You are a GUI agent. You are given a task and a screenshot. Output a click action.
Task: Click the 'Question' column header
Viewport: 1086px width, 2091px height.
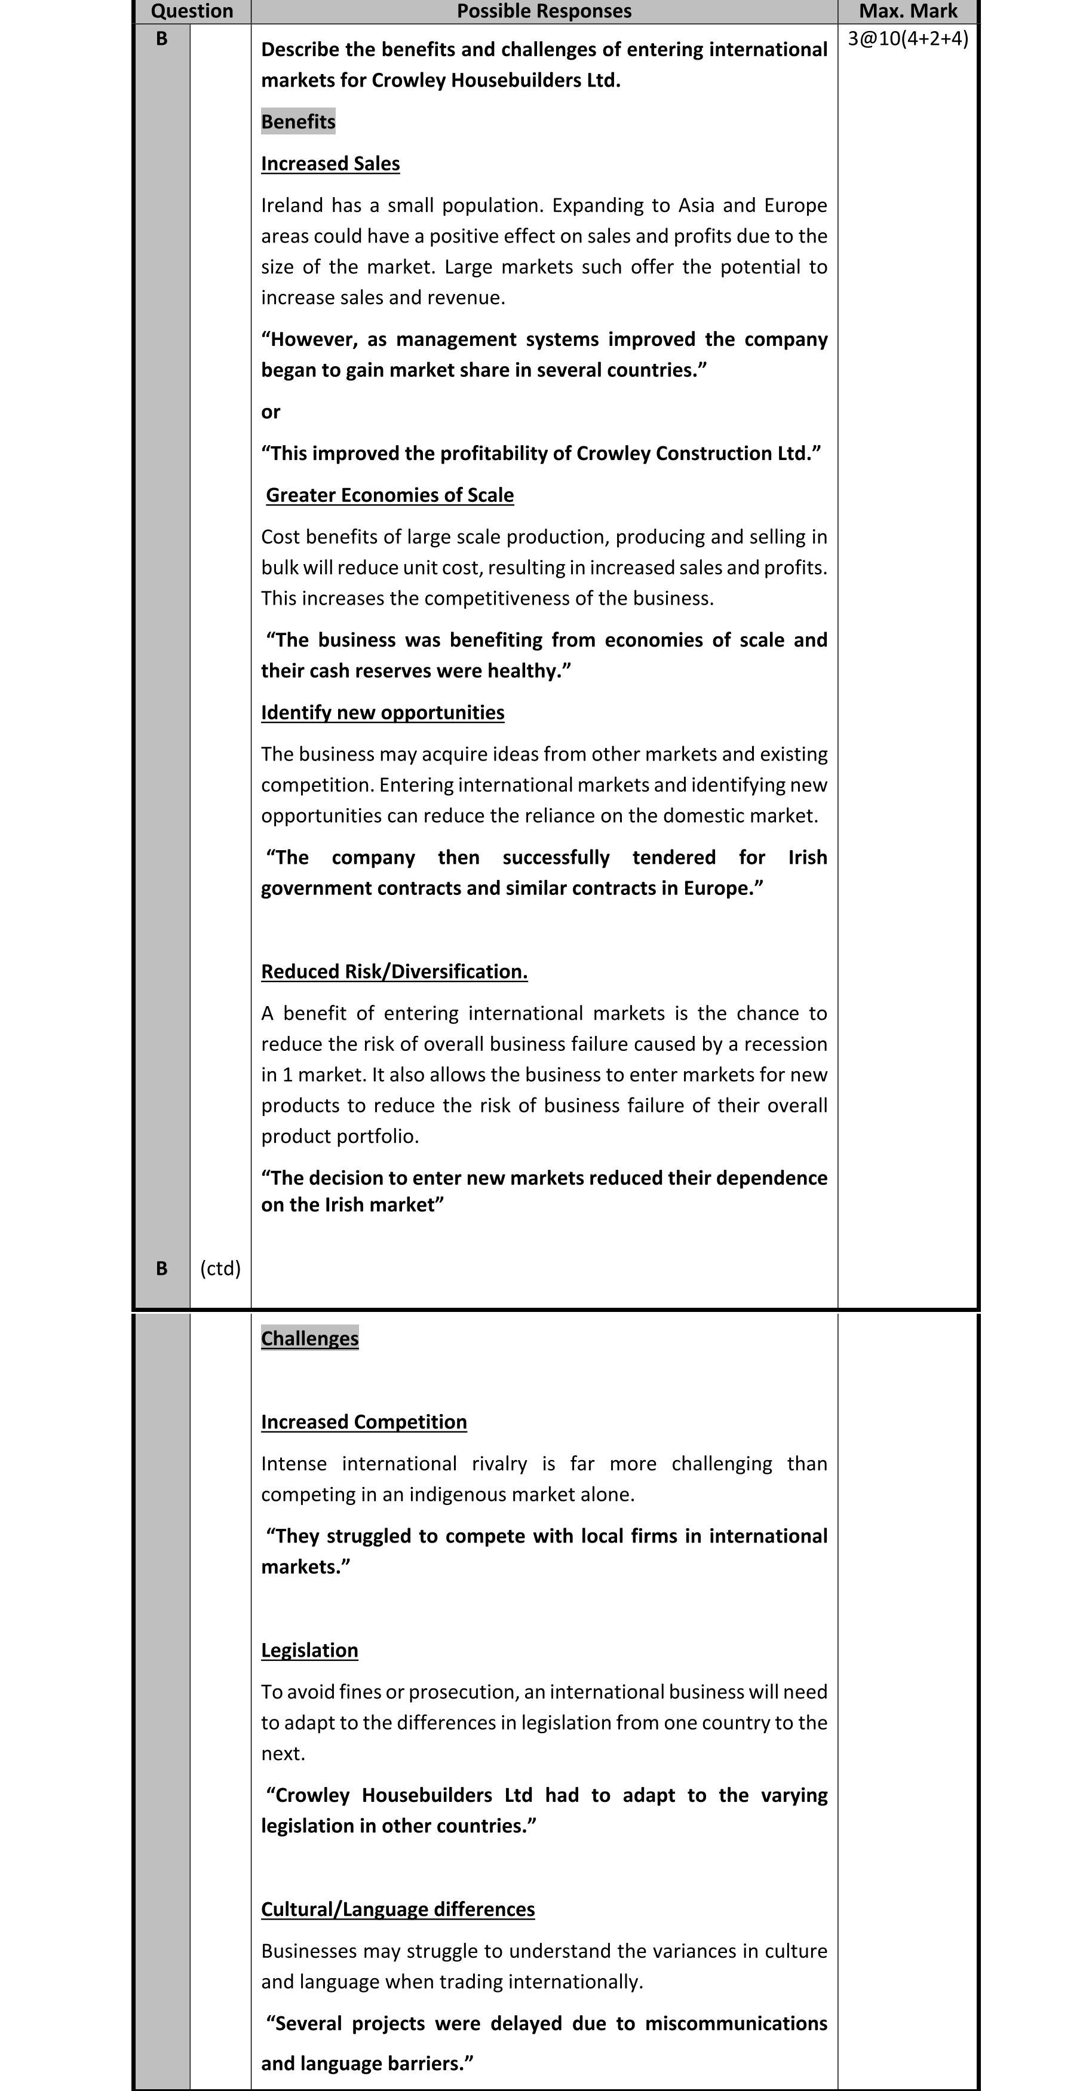tap(192, 11)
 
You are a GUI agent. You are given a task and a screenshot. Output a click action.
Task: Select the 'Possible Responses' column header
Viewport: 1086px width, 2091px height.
tap(544, 11)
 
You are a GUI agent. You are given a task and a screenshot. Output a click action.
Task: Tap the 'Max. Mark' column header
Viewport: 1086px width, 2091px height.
tap(907, 11)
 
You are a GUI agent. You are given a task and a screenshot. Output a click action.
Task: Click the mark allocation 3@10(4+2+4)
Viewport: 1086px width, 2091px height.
tap(907, 39)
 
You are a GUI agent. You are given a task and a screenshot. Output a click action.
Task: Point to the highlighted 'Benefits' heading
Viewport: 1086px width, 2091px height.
tap(298, 122)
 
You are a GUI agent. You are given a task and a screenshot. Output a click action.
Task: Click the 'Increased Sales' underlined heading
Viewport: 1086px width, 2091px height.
tap(330, 164)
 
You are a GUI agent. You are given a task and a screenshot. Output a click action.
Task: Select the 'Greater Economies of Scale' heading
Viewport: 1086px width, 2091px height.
tap(389, 495)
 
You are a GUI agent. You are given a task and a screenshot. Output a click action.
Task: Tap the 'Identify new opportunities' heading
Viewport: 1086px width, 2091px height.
tap(382, 713)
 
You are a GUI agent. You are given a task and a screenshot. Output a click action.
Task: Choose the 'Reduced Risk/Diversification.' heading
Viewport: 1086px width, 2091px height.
tap(394, 971)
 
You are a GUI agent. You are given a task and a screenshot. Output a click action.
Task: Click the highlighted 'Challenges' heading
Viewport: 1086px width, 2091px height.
tap(309, 1338)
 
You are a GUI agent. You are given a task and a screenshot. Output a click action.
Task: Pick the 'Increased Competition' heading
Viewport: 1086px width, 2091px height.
tap(364, 1422)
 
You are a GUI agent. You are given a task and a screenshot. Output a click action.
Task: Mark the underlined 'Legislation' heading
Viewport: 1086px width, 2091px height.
tap(309, 1650)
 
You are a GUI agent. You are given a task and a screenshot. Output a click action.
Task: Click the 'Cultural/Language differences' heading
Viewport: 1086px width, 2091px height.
tap(398, 1909)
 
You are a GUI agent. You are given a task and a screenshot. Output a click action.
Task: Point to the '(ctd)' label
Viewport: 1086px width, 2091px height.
tap(220, 1268)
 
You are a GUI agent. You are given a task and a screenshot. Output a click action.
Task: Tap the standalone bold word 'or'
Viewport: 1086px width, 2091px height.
tap(270, 412)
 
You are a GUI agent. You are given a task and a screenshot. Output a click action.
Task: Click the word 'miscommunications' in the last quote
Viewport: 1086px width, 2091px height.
tap(736, 2023)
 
